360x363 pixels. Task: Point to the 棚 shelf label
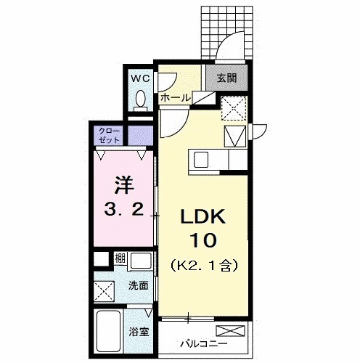click(x=119, y=258)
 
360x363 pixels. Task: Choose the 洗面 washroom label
click(x=139, y=286)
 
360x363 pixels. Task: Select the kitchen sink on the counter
click(x=201, y=158)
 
